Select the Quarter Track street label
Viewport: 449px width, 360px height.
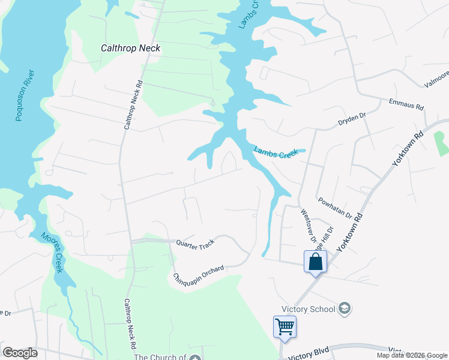coord(195,244)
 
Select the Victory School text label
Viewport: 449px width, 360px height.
coord(310,310)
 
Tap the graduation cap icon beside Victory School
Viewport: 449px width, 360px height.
coord(345,308)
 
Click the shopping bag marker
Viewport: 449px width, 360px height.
coord(315,262)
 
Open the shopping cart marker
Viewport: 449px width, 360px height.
coord(285,327)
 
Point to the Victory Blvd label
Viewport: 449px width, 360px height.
coord(310,355)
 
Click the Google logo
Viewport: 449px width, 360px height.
coord(20,353)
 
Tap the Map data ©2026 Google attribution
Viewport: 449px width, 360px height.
coord(412,355)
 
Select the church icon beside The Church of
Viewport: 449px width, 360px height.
coord(194,358)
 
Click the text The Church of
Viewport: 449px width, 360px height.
coord(160,358)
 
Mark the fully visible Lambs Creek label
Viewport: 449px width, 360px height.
coord(276,152)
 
